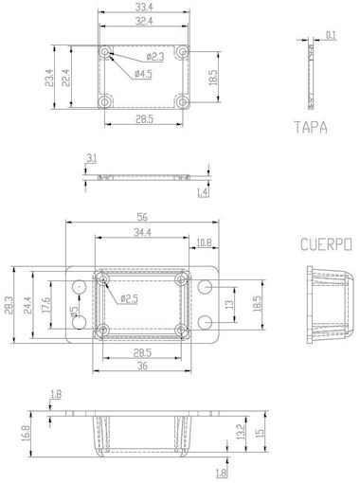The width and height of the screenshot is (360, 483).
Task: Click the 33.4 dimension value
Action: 144,7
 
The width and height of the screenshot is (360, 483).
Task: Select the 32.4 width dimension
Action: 144,21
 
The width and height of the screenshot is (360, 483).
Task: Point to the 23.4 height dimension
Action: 49,78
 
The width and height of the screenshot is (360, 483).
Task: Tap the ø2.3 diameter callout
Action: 155,57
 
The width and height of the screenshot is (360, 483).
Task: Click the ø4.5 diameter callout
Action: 143,74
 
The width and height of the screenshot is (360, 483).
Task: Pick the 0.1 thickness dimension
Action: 331,35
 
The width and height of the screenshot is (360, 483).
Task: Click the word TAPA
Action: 311,127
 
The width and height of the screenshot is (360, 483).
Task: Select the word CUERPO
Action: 326,244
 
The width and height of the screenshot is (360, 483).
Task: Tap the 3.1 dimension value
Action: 92,158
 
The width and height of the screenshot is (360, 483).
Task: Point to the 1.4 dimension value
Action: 203,192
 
